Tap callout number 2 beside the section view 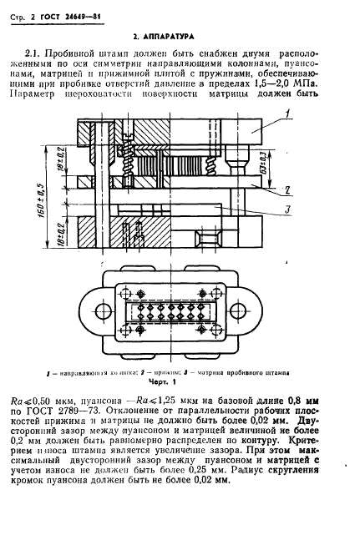(286, 189)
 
